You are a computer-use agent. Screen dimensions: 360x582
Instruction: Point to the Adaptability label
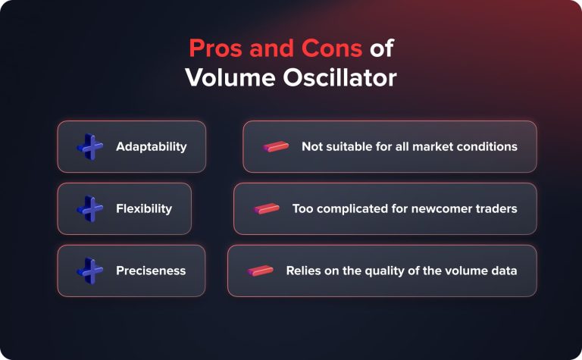pyautogui.click(x=151, y=146)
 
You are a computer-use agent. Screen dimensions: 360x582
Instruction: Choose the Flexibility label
pyautogui.click(x=144, y=208)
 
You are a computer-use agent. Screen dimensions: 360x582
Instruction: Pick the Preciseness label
pyautogui.click(x=151, y=271)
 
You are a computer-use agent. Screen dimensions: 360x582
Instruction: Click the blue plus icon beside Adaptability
pyautogui.click(x=90, y=146)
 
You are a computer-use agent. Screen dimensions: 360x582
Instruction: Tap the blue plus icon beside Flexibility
pyautogui.click(x=90, y=208)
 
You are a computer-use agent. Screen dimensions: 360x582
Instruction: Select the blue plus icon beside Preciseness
pyautogui.click(x=90, y=271)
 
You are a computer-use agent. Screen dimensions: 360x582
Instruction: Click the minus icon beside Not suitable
pyautogui.click(x=276, y=146)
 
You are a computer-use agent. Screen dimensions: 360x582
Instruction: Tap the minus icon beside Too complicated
pyautogui.click(x=267, y=208)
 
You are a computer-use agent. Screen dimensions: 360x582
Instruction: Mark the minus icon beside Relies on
pyautogui.click(x=260, y=271)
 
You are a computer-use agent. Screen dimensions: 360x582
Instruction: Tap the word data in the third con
pyautogui.click(x=503, y=271)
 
